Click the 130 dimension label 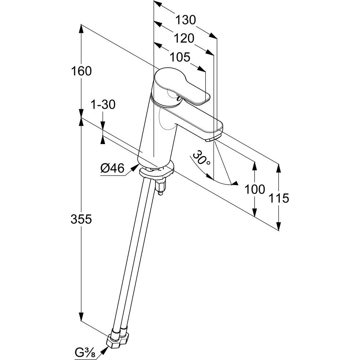point(186,20)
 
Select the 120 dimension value point(185,38)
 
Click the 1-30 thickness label point(103,105)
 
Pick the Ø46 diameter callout point(112,168)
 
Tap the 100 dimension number point(255,189)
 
